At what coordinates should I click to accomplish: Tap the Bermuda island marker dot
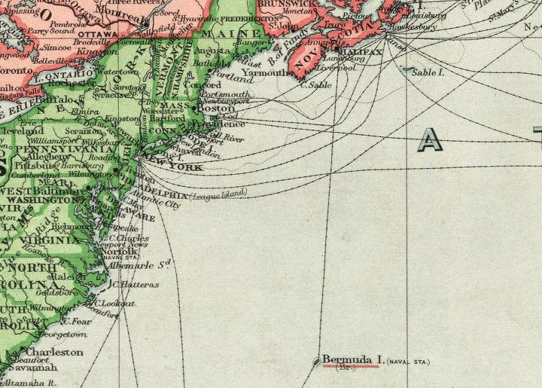[x=316, y=362]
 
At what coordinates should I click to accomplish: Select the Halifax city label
[x=363, y=52]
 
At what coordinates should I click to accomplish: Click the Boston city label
[x=220, y=108]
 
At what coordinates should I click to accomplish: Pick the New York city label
[x=177, y=167]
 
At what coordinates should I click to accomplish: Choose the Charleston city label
[x=54, y=352]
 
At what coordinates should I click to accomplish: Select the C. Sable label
[x=316, y=85]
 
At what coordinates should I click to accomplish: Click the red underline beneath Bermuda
[x=350, y=367]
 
